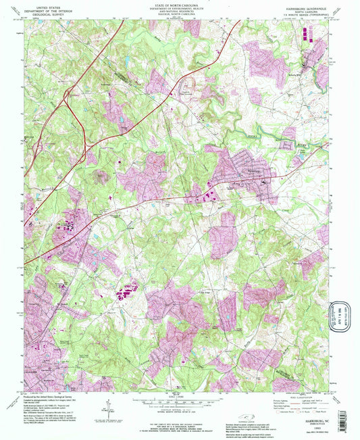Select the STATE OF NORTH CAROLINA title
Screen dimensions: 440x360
[x=180, y=4]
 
